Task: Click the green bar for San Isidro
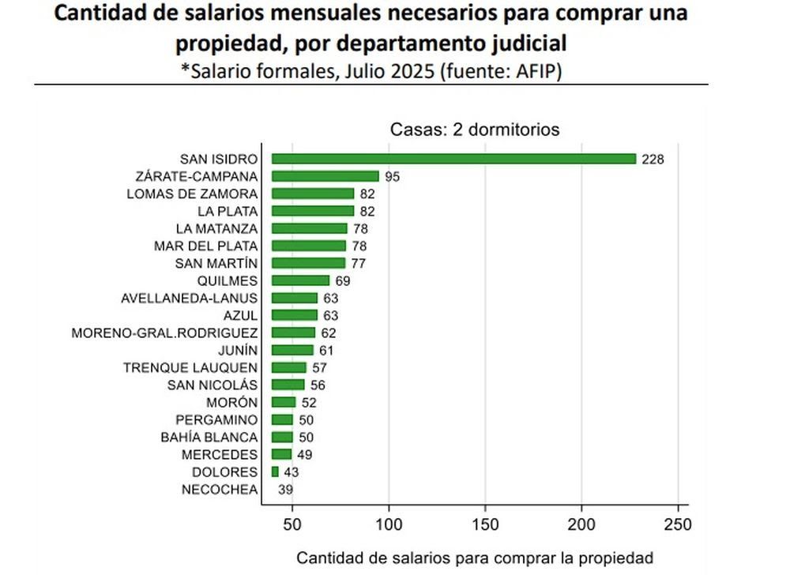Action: point(453,159)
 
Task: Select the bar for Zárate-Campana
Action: point(325,176)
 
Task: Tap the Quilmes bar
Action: point(300,280)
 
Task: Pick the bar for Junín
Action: point(292,350)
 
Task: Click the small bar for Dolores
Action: point(275,472)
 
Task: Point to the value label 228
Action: point(653,159)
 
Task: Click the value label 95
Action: point(393,176)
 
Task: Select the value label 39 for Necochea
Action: point(286,490)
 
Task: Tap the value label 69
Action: point(342,280)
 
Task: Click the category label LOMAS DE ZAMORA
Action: point(192,194)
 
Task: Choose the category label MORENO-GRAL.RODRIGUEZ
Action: point(164,333)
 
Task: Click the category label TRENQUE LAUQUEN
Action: point(190,367)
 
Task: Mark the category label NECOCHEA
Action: point(219,490)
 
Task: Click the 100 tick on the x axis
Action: point(389,524)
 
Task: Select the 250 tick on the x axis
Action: point(678,524)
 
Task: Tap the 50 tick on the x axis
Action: point(293,524)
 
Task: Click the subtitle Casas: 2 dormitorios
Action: point(475,130)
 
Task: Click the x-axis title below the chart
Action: point(475,557)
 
